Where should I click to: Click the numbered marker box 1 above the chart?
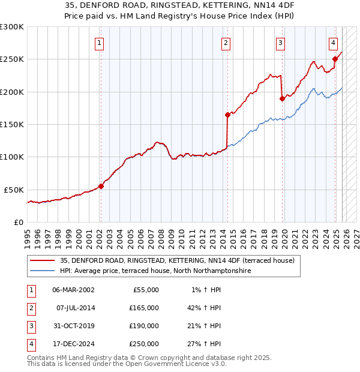click(99, 43)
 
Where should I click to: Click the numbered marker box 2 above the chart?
click(226, 43)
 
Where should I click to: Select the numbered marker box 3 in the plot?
click(280, 43)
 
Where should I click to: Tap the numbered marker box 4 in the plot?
click(333, 43)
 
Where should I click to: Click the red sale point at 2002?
click(101, 186)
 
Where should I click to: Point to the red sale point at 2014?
click(227, 115)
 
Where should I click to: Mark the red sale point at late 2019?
click(282, 98)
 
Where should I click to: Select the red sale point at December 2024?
click(335, 59)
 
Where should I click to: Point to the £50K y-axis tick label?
click(14, 190)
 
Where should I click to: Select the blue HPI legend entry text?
click(155, 271)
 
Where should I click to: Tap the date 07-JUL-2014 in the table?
click(75, 308)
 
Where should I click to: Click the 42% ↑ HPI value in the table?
click(205, 308)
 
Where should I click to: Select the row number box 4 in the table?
click(30, 344)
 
